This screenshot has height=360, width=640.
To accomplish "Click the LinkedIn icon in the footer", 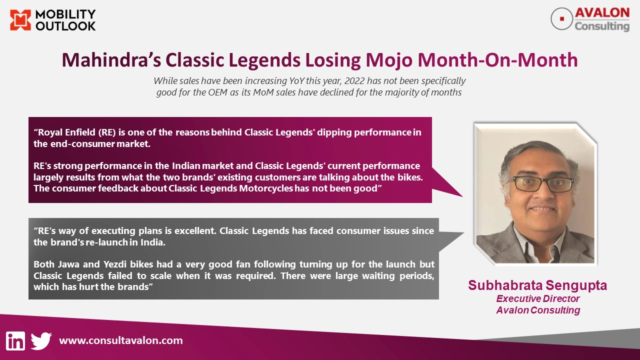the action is tap(15, 341).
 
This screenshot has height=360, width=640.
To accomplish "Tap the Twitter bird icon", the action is tap(41, 341).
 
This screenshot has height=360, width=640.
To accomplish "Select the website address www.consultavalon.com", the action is tap(121, 340).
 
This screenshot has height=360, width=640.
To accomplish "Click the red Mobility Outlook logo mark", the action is tap(20, 20).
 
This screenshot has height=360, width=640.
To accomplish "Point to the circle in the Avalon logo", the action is tap(561, 19).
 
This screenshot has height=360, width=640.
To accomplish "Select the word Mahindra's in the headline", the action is tap(111, 60).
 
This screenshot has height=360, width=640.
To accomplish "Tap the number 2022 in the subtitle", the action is tap(354, 81).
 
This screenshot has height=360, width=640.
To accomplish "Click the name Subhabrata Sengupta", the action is tap(537, 285).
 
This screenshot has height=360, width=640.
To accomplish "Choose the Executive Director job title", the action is tap(537, 298).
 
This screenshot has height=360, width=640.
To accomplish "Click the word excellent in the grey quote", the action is tap(195, 230).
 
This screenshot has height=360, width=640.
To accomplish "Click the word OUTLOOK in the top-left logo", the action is tap(65, 26).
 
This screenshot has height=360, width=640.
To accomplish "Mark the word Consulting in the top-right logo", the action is tap(602, 26).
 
